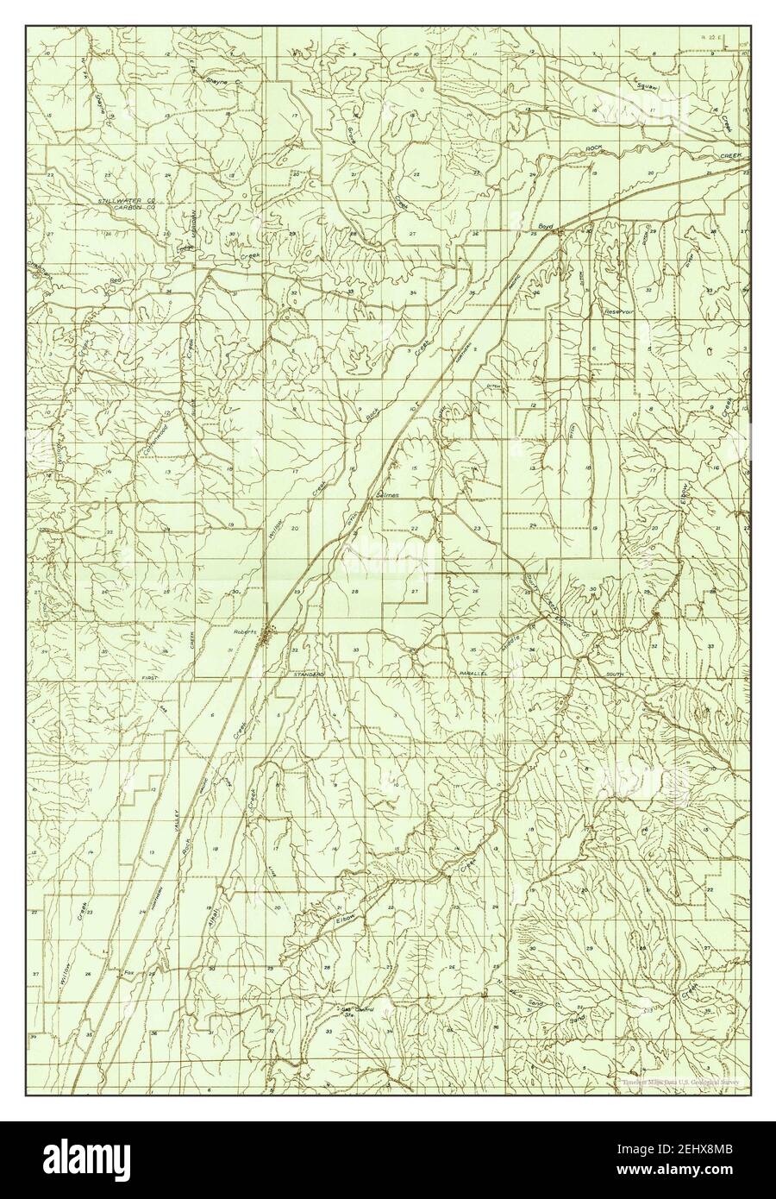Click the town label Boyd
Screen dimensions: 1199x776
click(x=544, y=225)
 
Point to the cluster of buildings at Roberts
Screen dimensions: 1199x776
click(x=270, y=637)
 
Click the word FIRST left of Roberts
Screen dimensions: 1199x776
click(x=153, y=681)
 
